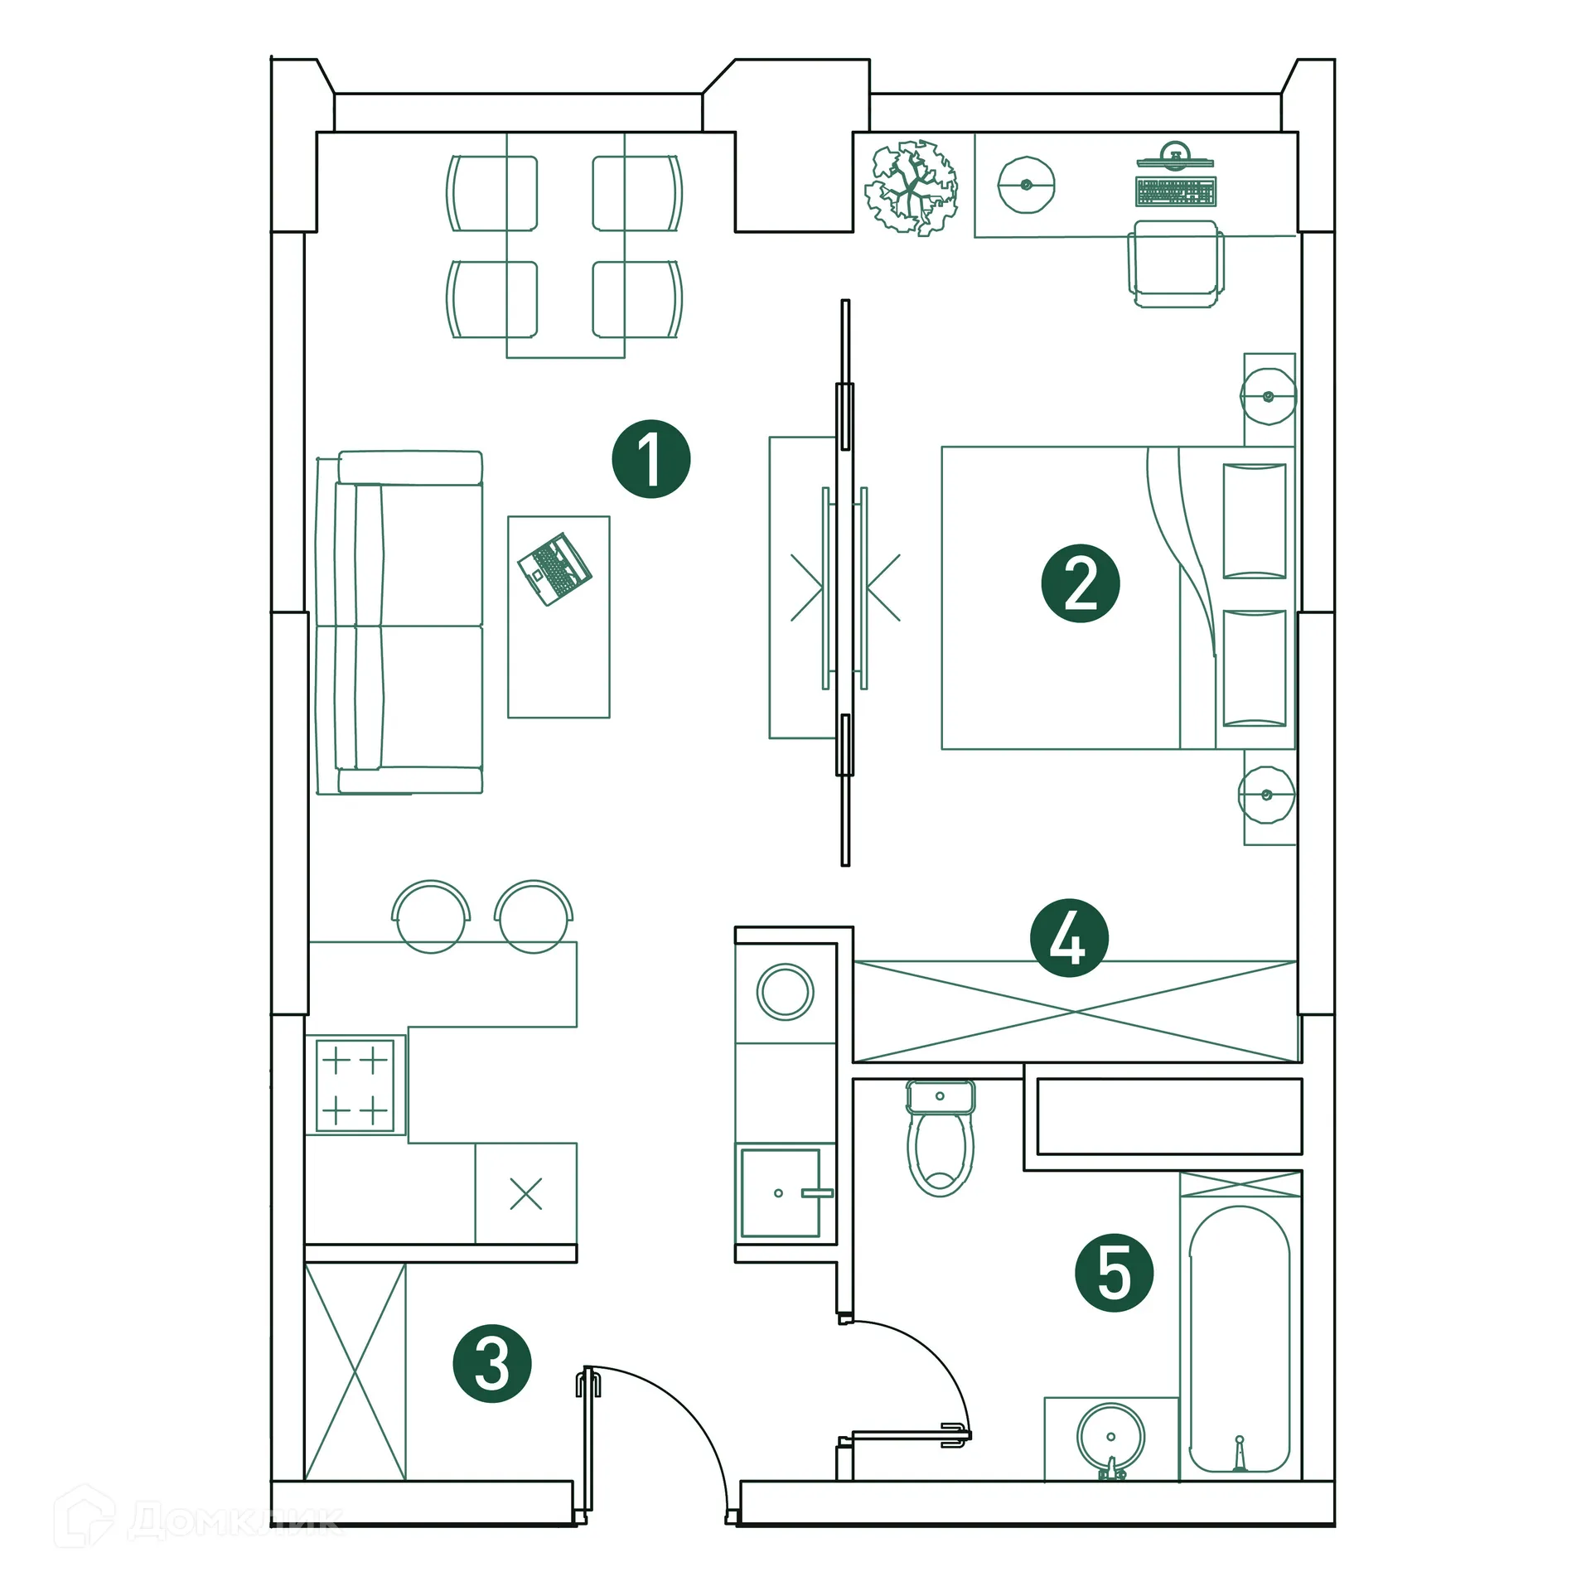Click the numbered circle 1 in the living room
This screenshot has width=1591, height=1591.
[650, 459]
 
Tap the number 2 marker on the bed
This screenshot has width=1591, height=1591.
[1080, 583]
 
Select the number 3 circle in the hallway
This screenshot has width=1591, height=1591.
[491, 1364]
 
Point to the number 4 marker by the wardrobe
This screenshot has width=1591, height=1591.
[1068, 938]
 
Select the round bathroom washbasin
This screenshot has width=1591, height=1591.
[1110, 1437]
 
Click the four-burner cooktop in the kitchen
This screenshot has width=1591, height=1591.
[355, 1085]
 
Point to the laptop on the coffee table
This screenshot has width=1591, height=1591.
[554, 568]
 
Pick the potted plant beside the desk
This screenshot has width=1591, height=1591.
[911, 187]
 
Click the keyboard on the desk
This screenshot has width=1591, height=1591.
[1175, 191]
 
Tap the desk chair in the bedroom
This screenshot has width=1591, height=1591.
[1175, 264]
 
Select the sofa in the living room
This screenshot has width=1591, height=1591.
[399, 623]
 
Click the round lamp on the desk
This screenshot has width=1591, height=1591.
[1026, 184]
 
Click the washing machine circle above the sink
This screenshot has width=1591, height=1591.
[785, 991]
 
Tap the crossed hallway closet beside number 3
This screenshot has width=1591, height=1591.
[355, 1371]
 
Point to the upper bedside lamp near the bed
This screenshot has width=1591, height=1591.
[1267, 396]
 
